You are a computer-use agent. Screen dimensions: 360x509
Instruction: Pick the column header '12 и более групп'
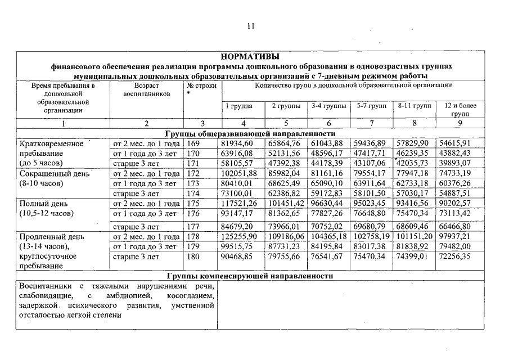pos(460,109)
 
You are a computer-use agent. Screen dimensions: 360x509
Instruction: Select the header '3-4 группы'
pos(328,106)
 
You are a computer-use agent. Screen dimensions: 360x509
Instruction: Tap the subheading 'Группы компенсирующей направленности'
pos(250,276)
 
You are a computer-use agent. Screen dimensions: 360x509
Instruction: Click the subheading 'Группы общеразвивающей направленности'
pos(250,134)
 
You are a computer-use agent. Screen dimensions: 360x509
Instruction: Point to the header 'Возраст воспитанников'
pos(146,89)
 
